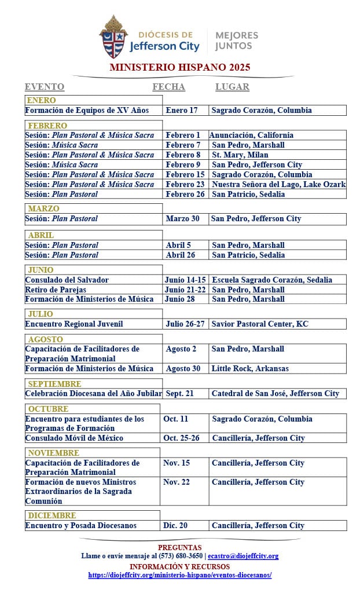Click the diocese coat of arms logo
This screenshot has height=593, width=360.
point(113,37)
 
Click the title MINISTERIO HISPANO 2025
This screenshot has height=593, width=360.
point(180,67)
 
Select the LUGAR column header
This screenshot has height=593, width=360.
point(232,87)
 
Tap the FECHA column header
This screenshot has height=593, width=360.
point(168,87)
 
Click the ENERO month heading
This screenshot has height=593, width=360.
point(41,100)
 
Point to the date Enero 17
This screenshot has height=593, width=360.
point(181,110)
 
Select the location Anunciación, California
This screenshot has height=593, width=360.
point(251,135)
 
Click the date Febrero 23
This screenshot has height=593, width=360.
point(185,184)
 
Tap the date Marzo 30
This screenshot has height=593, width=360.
point(182,218)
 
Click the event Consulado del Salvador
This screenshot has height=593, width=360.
point(67,280)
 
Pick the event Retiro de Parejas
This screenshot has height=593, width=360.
point(56,290)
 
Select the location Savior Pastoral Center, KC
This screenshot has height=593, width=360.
point(260,324)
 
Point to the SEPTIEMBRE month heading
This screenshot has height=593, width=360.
point(54,384)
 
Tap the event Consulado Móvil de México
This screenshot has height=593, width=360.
point(74,438)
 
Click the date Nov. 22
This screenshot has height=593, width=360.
point(177,482)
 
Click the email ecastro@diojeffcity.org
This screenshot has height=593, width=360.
point(243,556)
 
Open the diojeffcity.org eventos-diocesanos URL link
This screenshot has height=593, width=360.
point(180,575)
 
